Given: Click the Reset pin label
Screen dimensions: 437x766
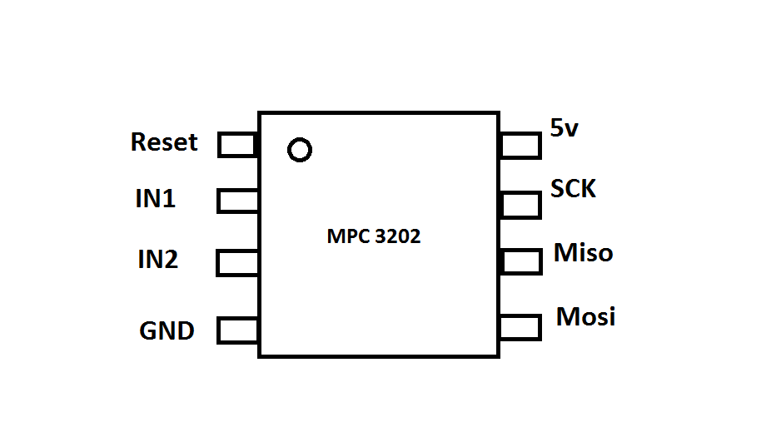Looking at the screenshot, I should tap(164, 142).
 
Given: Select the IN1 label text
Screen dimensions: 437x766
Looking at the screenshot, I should tap(156, 199).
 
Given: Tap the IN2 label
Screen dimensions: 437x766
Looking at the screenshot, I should tap(158, 260).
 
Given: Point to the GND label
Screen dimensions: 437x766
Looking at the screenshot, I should tap(167, 331).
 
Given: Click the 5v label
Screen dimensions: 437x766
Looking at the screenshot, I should tap(564, 127).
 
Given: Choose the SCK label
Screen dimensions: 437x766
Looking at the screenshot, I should tap(574, 189).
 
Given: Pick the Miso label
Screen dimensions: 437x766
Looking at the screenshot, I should tap(583, 252).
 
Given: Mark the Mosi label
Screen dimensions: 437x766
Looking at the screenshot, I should tap(585, 317).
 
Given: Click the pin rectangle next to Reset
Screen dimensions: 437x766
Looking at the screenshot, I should tap(237, 145).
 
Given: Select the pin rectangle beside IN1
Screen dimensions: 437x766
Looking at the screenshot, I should tap(237, 201).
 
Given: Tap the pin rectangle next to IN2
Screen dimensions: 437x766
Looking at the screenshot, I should tap(237, 263).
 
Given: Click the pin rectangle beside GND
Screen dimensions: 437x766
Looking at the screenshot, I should tap(237, 330).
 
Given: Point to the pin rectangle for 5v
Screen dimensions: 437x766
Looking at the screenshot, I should tap(521, 146).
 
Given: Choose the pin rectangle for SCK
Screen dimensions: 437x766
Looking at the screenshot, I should tap(521, 204).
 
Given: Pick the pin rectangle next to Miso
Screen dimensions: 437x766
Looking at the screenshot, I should tap(521, 261).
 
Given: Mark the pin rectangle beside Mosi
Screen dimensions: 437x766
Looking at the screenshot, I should tap(521, 327).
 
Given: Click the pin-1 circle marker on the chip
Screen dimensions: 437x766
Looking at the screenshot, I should tap(299, 150).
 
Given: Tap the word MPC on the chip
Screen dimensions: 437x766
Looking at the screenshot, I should tap(346, 236).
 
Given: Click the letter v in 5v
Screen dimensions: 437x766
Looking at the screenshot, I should tap(572, 129).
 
